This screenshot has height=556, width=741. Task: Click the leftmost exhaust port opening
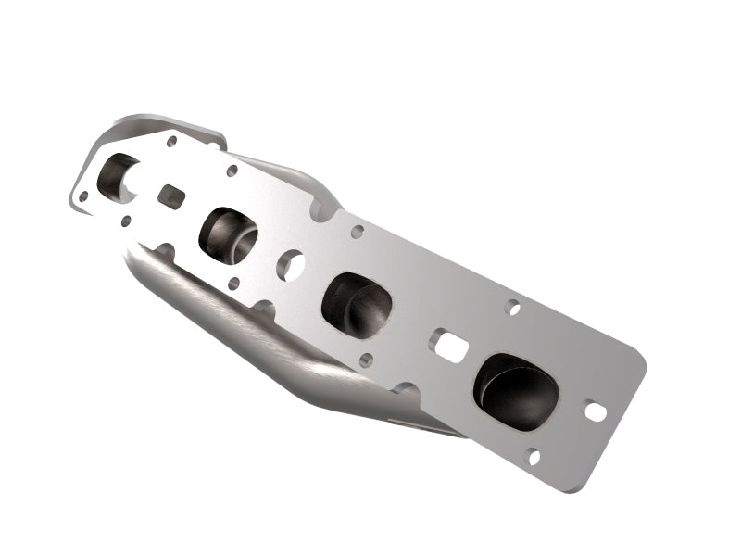[118, 177]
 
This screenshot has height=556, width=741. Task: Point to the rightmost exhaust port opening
[516, 390]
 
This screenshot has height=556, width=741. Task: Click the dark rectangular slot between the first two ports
[170, 196]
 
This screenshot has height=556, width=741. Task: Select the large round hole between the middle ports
[290, 265]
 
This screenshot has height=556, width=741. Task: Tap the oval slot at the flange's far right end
[595, 409]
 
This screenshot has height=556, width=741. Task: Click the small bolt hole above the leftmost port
[171, 142]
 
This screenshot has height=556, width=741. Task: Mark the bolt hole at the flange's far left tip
[83, 196]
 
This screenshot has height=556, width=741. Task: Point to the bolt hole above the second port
[232, 172]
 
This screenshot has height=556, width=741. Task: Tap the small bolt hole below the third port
[366, 359]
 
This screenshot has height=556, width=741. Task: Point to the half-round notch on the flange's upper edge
[323, 212]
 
